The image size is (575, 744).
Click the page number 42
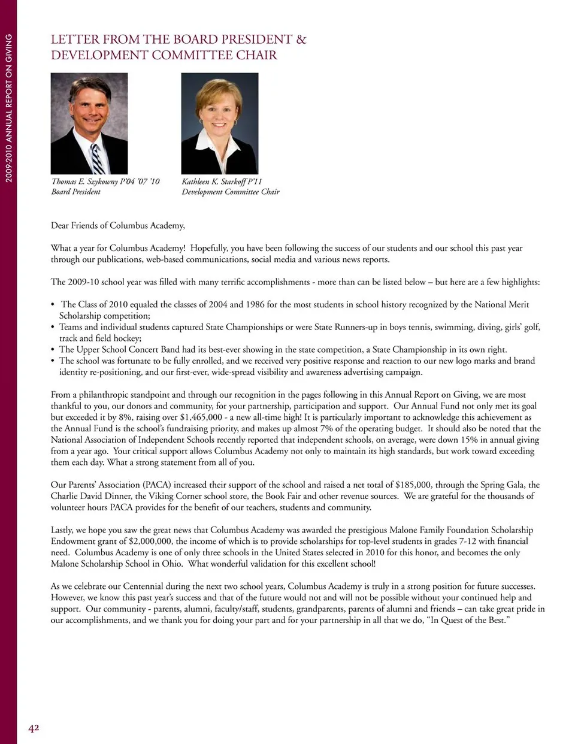(x=34, y=728)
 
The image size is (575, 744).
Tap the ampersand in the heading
(x=301, y=40)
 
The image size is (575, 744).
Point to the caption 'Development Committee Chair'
(x=231, y=192)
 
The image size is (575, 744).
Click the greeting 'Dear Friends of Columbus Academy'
(x=117, y=226)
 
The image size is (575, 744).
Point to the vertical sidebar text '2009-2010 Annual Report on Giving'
(x=8, y=108)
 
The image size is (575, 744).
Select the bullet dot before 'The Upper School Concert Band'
(x=53, y=350)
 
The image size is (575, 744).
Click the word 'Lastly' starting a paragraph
(x=62, y=530)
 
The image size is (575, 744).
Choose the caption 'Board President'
(x=75, y=192)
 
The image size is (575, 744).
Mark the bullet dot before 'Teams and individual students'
(x=53, y=327)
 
